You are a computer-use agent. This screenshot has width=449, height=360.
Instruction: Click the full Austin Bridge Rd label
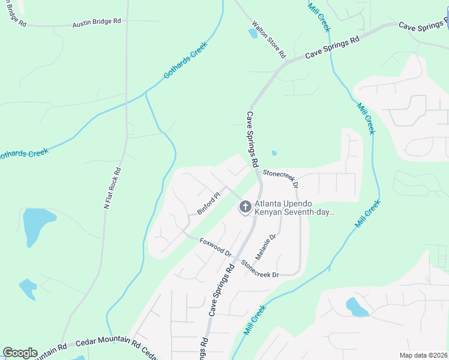[x=97, y=22]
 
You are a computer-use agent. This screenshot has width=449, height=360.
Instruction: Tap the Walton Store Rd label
[x=268, y=40]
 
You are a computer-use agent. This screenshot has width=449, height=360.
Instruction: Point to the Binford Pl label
[x=209, y=202]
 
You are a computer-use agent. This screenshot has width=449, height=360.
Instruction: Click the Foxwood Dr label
[x=215, y=246]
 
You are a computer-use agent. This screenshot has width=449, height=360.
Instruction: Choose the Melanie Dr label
[x=265, y=247]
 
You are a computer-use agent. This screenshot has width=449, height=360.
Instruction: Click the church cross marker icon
[x=245, y=208]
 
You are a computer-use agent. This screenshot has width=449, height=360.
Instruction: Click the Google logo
[x=20, y=353]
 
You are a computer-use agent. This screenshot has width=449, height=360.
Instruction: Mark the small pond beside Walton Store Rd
[x=253, y=34]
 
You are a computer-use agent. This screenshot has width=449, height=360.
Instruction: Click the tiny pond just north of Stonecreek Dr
[x=274, y=153]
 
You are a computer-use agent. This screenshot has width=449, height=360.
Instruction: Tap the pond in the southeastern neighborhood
[x=356, y=307]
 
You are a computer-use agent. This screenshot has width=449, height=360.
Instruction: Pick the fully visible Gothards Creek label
[x=185, y=60]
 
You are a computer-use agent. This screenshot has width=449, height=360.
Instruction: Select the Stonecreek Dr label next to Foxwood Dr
[x=260, y=269]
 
